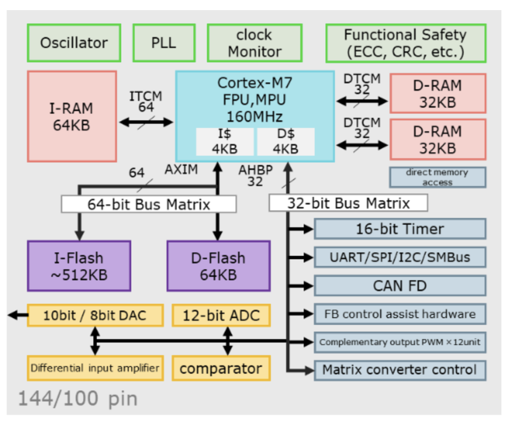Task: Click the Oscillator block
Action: pyautogui.click(x=74, y=43)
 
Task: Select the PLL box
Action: pyautogui.click(x=164, y=43)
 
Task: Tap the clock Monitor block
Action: pyautogui.click(x=254, y=43)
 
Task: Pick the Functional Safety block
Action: pyautogui.click(x=406, y=43)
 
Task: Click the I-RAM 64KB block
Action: pyautogui.click(x=72, y=117)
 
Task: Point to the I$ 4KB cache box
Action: pyautogui.click(x=225, y=142)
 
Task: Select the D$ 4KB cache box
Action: pyautogui.click(x=286, y=142)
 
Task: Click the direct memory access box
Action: pyautogui.click(x=437, y=178)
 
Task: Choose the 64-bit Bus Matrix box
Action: pyautogui.click(x=148, y=205)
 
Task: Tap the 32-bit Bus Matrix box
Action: pyautogui.click(x=348, y=203)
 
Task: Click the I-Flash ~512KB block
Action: pyautogui.click(x=79, y=266)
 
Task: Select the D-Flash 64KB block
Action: pyautogui.click(x=218, y=266)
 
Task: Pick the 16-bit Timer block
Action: pyautogui.click(x=400, y=229)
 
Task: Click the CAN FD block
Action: pyautogui.click(x=400, y=286)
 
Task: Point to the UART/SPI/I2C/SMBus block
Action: pyautogui.click(x=400, y=257)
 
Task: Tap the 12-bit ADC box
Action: pyautogui.click(x=221, y=316)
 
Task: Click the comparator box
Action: pyautogui.click(x=221, y=369)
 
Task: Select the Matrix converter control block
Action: pyautogui.click(x=400, y=370)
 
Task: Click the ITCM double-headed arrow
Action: pyautogui.click(x=146, y=122)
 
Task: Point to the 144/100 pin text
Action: pyautogui.click(x=78, y=398)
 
